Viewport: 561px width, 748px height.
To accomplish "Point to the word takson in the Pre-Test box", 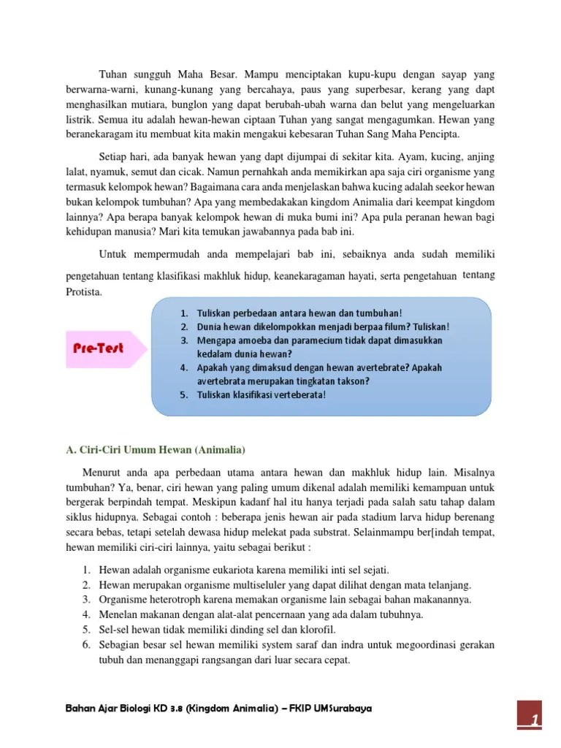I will [x=351, y=381].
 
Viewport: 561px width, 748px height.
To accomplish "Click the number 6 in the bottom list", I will [x=85, y=644].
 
